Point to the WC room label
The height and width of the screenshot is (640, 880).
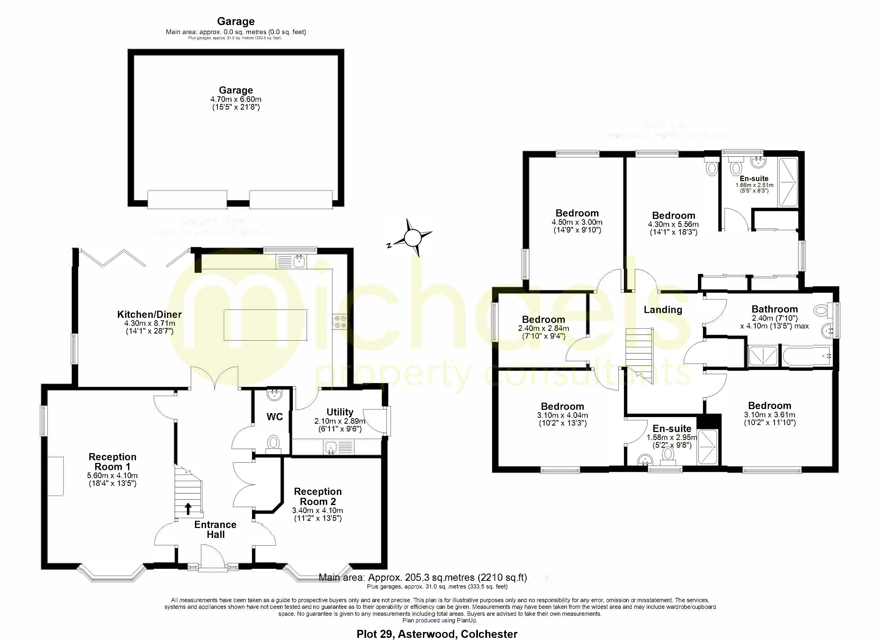[x=274, y=417]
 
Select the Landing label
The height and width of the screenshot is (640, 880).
[x=663, y=310]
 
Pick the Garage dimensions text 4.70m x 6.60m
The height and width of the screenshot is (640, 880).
[x=235, y=99]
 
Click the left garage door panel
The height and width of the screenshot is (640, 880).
[x=187, y=199]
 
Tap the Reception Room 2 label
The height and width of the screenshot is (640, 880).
[x=318, y=496]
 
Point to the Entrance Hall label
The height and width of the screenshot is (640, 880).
[x=215, y=529]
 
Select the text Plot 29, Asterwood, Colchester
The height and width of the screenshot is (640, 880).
[x=437, y=634]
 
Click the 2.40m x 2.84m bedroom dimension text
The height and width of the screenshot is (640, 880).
[x=543, y=328]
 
